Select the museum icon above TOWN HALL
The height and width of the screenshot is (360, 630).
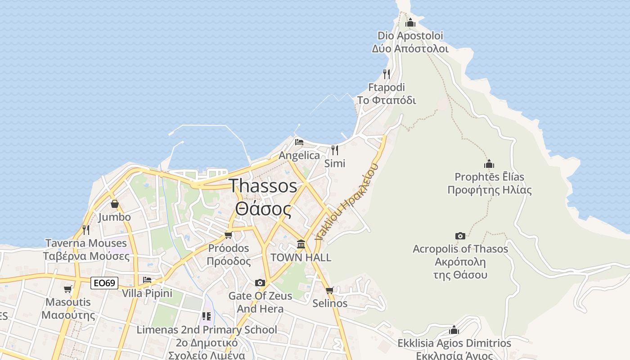tap(301, 244)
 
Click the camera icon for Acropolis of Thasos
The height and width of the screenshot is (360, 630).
tap(460, 236)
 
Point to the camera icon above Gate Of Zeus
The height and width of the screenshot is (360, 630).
tap(260, 283)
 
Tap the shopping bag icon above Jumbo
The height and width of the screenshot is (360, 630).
tap(114, 204)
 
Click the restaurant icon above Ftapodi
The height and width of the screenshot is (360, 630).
tap(387, 74)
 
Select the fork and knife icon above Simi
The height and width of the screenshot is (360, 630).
tap(334, 150)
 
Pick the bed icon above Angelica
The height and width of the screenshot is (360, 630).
tap(299, 143)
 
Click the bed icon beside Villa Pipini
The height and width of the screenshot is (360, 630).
tap(147, 280)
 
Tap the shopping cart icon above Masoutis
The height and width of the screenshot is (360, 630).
tap(68, 289)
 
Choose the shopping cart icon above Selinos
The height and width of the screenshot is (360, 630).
tap(329, 290)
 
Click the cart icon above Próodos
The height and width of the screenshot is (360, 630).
tap(229, 235)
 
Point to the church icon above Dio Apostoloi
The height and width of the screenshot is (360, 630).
tap(410, 22)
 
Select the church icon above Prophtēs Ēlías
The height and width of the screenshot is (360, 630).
tap(489, 164)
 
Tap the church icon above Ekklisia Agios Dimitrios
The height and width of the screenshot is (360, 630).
tap(454, 330)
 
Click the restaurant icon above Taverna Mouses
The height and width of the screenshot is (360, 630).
tap(85, 230)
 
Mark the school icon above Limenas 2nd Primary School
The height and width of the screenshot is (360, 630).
tap(207, 317)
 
